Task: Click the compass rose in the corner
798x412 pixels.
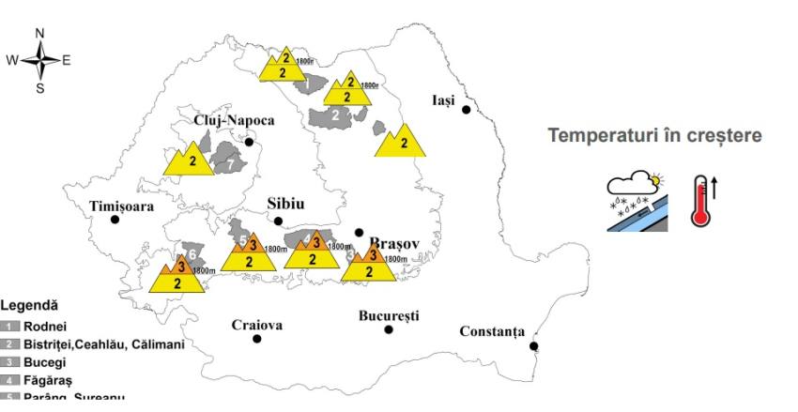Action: click(40, 60)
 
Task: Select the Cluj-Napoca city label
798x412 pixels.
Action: click(235, 120)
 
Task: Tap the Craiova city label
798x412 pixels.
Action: click(257, 326)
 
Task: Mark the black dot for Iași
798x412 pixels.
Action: click(467, 110)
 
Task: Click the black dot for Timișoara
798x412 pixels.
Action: click(115, 220)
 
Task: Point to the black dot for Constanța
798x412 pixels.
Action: click(534, 346)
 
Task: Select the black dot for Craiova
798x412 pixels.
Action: click(257, 338)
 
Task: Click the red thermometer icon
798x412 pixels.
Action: click(700, 200)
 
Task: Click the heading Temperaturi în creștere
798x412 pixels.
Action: click(654, 136)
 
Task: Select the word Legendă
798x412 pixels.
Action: click(29, 305)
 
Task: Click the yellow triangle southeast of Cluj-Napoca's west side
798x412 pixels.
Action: click(191, 160)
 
